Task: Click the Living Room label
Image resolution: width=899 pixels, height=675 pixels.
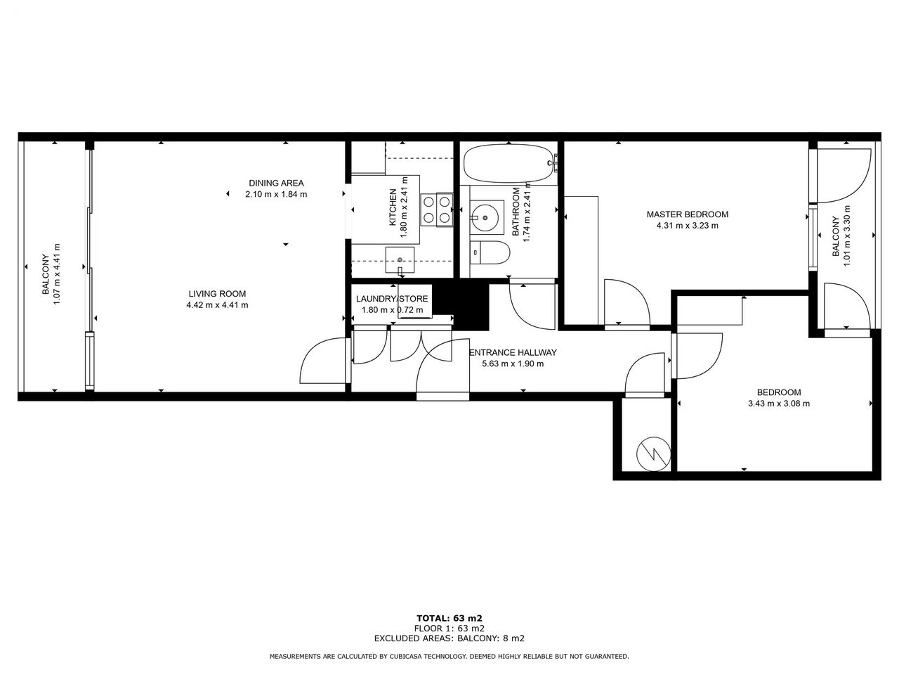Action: coord(217,294)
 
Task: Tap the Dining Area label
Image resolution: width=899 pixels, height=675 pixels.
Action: coord(276,184)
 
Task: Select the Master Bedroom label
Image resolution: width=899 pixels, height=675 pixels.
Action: coord(688,214)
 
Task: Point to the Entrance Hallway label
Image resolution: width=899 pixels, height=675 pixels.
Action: coord(513,352)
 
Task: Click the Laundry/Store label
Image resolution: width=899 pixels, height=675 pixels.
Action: coord(392,300)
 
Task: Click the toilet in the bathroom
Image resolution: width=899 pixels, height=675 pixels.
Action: coord(490,252)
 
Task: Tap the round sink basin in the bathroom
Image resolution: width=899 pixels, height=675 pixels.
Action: coord(486,218)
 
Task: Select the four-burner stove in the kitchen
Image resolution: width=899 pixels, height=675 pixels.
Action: coord(437,210)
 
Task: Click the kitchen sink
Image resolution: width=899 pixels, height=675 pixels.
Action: coord(400,260)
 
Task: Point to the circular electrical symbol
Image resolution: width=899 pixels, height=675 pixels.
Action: coord(654,454)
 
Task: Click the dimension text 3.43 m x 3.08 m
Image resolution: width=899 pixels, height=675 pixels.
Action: coord(779,404)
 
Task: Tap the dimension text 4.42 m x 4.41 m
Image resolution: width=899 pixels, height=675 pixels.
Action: coord(217,305)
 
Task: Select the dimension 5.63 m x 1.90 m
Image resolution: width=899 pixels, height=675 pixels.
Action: coord(513,364)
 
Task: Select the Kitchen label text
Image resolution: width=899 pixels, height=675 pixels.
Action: coord(393,207)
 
